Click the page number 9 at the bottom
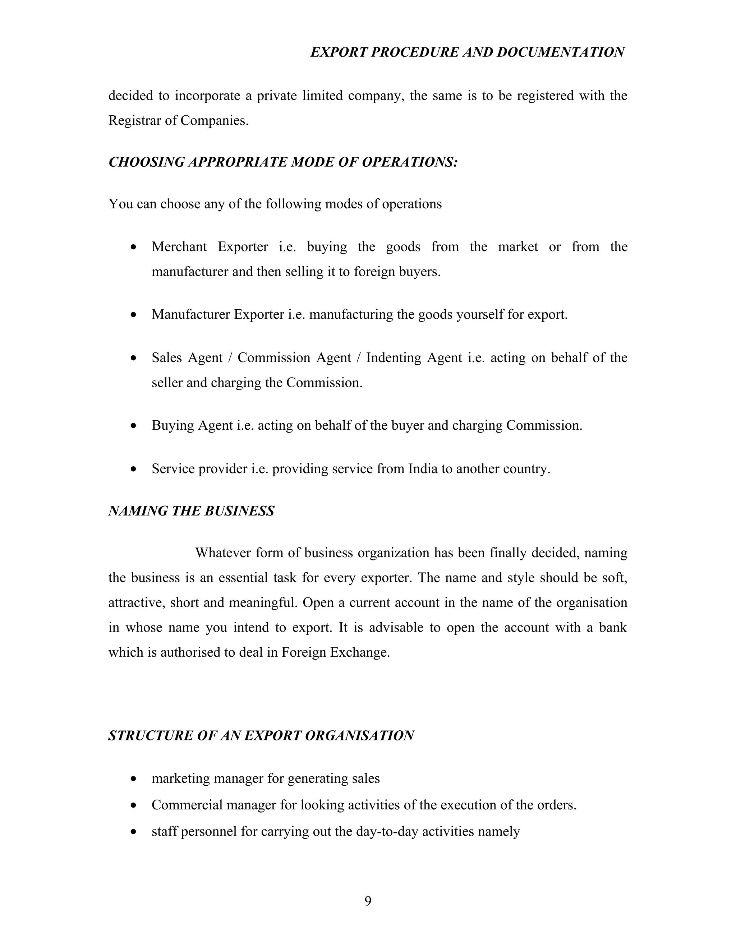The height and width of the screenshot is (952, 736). click(368, 901)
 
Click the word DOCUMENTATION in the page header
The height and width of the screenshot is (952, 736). click(560, 52)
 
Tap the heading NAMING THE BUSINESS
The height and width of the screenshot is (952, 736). click(191, 511)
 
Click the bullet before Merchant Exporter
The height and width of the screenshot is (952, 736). click(134, 248)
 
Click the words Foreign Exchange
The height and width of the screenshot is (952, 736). click(335, 652)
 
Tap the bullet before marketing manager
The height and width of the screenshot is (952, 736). click(134, 779)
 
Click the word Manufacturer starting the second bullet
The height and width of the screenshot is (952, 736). click(190, 314)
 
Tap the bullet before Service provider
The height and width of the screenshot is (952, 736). click(134, 470)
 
